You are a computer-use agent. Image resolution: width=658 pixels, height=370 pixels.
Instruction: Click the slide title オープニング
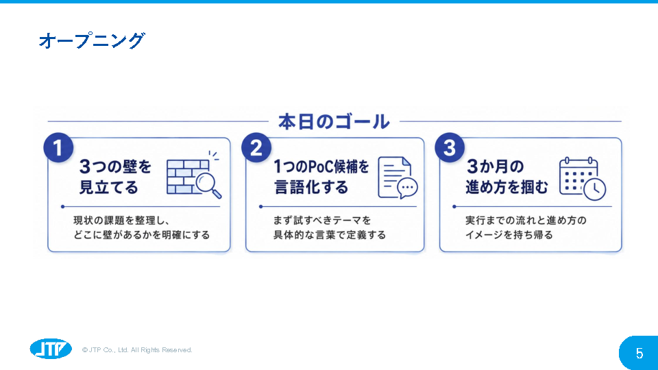(91, 40)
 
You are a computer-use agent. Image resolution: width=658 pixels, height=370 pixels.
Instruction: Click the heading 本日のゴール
(334, 122)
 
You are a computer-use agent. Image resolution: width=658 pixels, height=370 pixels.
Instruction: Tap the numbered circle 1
(58, 148)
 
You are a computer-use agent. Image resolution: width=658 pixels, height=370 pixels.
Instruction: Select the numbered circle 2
(256, 148)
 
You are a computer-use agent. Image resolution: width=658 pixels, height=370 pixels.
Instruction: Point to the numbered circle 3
(450, 148)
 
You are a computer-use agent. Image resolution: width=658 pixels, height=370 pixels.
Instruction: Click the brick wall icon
(184, 177)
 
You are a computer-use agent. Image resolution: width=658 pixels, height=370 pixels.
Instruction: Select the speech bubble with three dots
(407, 188)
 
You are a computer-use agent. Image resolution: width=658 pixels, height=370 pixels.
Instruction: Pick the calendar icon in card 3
(578, 176)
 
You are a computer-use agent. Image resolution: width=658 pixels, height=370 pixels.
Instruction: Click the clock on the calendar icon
(594, 189)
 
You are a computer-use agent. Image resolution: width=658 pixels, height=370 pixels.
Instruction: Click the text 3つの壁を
(115, 166)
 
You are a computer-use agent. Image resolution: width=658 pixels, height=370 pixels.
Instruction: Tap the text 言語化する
(311, 187)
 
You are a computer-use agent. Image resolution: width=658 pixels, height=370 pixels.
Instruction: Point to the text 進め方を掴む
(507, 187)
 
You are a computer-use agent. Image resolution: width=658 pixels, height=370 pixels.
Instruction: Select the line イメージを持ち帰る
(509, 235)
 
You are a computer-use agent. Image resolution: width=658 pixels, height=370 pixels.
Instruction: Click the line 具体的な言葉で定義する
(330, 235)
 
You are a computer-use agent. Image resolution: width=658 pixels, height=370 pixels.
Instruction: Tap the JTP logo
(51, 349)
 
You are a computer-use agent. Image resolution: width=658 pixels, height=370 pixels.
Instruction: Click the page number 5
(639, 354)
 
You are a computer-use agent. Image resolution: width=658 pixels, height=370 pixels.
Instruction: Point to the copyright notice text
(137, 350)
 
